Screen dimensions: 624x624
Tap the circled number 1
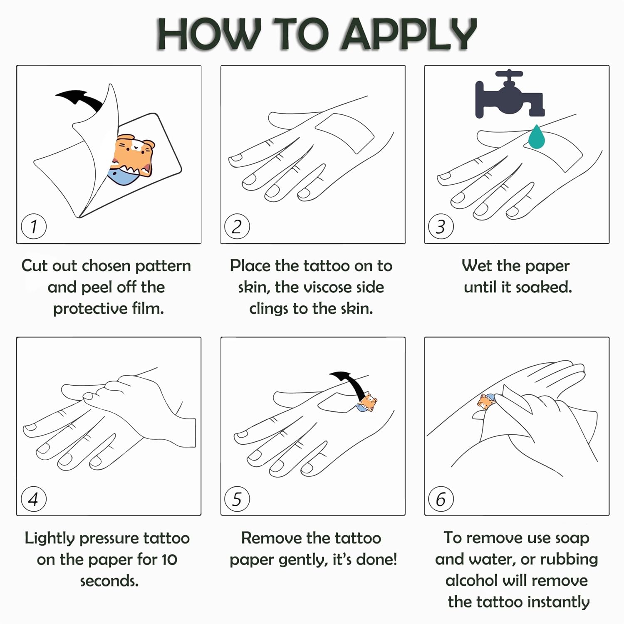(34, 227)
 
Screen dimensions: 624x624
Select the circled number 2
(237, 227)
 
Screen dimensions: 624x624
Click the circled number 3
(441, 227)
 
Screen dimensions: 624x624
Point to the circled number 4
(34, 499)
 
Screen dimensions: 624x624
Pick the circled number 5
(237, 499)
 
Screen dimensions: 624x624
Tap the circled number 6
(441, 499)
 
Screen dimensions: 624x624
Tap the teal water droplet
(537, 137)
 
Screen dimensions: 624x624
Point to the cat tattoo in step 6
(485, 402)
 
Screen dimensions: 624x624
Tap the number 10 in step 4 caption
(169, 560)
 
